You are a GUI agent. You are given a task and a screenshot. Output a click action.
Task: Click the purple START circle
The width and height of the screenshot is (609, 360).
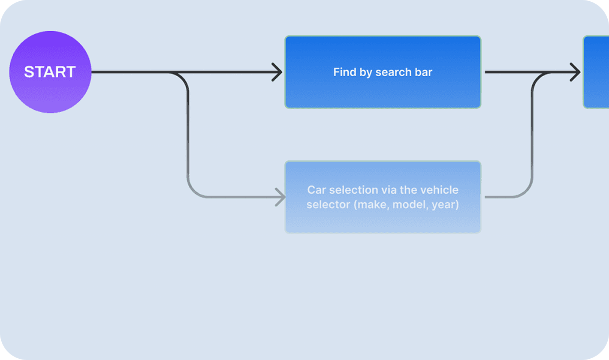50,72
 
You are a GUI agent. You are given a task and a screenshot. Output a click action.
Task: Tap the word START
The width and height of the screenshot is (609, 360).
50,72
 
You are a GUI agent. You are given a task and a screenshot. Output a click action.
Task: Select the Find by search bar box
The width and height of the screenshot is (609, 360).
383,72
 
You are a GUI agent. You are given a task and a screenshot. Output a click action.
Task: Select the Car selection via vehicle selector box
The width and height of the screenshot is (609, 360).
383,197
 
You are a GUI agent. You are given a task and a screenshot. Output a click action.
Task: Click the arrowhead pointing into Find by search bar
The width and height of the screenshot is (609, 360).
277,72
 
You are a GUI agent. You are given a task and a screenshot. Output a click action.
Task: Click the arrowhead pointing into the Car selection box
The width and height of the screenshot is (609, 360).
280,197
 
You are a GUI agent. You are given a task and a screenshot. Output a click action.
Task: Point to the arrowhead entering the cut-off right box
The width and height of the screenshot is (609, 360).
575,72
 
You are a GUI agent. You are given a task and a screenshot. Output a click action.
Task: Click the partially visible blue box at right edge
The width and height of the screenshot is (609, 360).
596,72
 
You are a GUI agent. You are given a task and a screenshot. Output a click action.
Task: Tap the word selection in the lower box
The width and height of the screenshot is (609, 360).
353,190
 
